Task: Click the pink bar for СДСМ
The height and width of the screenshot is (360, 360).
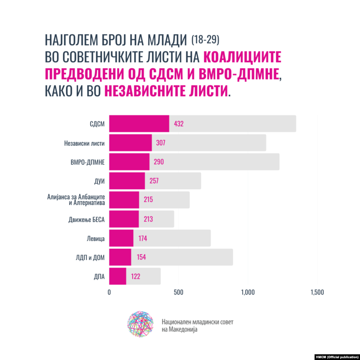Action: coord(139,124)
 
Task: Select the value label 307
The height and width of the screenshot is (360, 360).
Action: coord(159,143)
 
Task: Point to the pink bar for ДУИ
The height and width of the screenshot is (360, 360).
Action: coord(127,181)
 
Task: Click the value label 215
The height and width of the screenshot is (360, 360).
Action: coord(148,200)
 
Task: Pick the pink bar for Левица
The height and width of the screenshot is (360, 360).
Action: coord(121,238)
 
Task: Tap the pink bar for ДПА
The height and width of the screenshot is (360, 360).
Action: coord(117,276)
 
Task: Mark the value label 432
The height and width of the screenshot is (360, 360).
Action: coord(179,124)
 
